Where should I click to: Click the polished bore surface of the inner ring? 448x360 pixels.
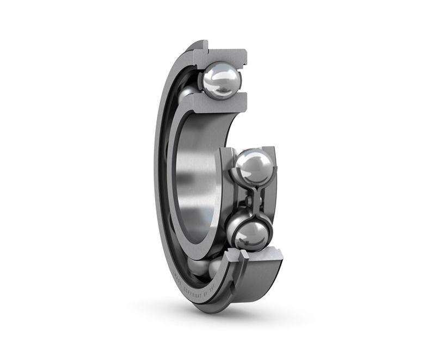point(196,174)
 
